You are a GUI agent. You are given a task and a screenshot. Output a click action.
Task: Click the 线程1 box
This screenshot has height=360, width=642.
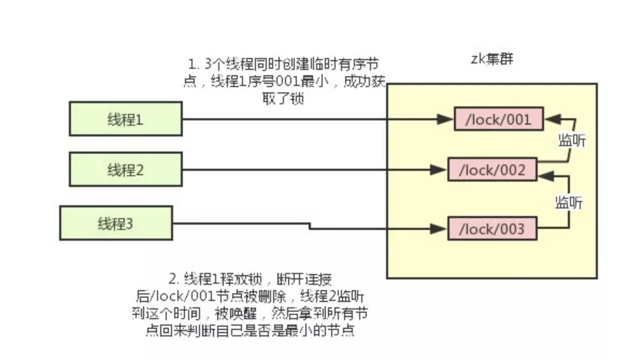pyautogui.click(x=125, y=119)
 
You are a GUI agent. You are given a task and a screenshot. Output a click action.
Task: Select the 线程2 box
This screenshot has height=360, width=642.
pyautogui.click(x=125, y=170)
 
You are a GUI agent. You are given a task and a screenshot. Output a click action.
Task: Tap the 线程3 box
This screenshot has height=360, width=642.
pyautogui.click(x=116, y=223)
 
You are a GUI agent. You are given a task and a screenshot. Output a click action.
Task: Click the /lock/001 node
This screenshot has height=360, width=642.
pyautogui.click(x=498, y=119)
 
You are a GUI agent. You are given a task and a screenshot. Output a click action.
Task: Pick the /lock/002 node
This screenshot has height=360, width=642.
pyautogui.click(x=492, y=170)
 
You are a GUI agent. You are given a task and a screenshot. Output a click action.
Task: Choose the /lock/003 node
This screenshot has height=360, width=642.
pyautogui.click(x=492, y=229)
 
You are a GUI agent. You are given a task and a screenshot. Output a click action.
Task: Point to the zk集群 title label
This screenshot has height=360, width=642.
pyautogui.click(x=492, y=59)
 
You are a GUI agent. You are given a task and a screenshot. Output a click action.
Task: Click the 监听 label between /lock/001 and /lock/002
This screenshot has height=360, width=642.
pyautogui.click(x=572, y=141)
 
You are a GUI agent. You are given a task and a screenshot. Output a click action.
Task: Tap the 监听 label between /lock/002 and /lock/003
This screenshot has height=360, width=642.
pyautogui.click(x=569, y=203)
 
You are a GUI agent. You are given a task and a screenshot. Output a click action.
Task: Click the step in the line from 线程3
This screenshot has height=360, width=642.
pyautogui.click(x=310, y=226)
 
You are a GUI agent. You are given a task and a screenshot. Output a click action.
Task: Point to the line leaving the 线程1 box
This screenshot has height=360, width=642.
pyautogui.click(x=269, y=119)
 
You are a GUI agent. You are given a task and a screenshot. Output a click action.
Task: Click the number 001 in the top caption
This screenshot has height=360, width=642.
pyautogui.click(x=291, y=82)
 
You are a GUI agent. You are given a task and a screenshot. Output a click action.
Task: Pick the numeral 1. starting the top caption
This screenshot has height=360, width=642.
pyautogui.click(x=194, y=65)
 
